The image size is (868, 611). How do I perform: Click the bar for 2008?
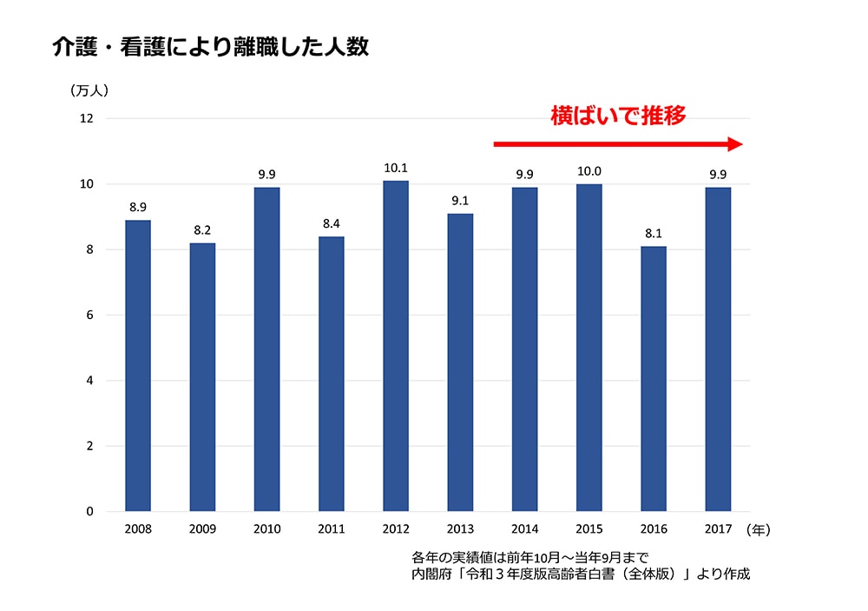(x=138, y=366)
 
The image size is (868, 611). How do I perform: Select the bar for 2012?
(x=396, y=346)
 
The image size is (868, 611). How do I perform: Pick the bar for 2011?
(x=331, y=374)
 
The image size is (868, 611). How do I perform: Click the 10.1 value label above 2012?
(x=396, y=167)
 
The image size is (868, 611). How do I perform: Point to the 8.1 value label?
(x=654, y=233)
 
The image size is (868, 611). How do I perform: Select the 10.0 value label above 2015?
(x=589, y=170)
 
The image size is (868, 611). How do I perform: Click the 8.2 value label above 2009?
(x=202, y=229)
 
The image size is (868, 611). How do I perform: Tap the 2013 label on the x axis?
(x=460, y=528)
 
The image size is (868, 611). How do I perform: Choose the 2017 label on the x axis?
(x=718, y=528)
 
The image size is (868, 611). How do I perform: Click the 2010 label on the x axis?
(x=266, y=528)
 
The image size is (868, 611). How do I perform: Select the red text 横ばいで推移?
(x=618, y=116)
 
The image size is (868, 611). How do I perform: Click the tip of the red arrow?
(x=742, y=144)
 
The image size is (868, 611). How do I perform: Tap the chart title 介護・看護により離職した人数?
(x=210, y=47)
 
